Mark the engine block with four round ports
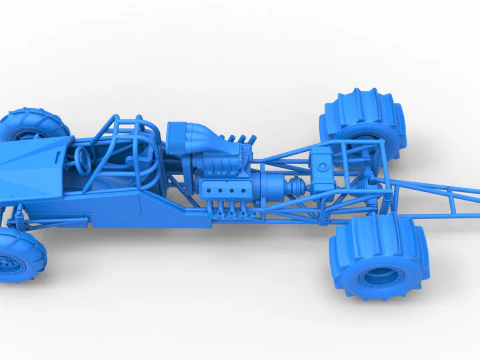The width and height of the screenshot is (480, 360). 222,186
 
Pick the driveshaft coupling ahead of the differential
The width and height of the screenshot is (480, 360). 298,186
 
